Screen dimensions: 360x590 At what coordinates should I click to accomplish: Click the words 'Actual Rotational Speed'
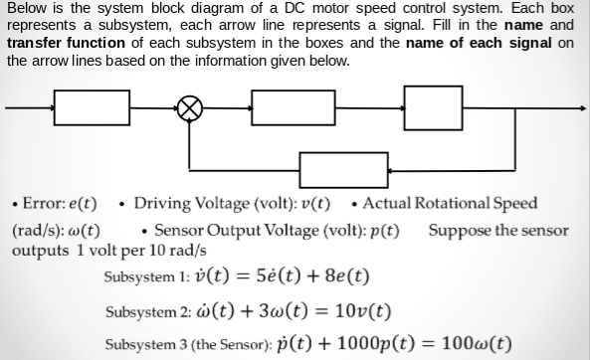click(x=451, y=204)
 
